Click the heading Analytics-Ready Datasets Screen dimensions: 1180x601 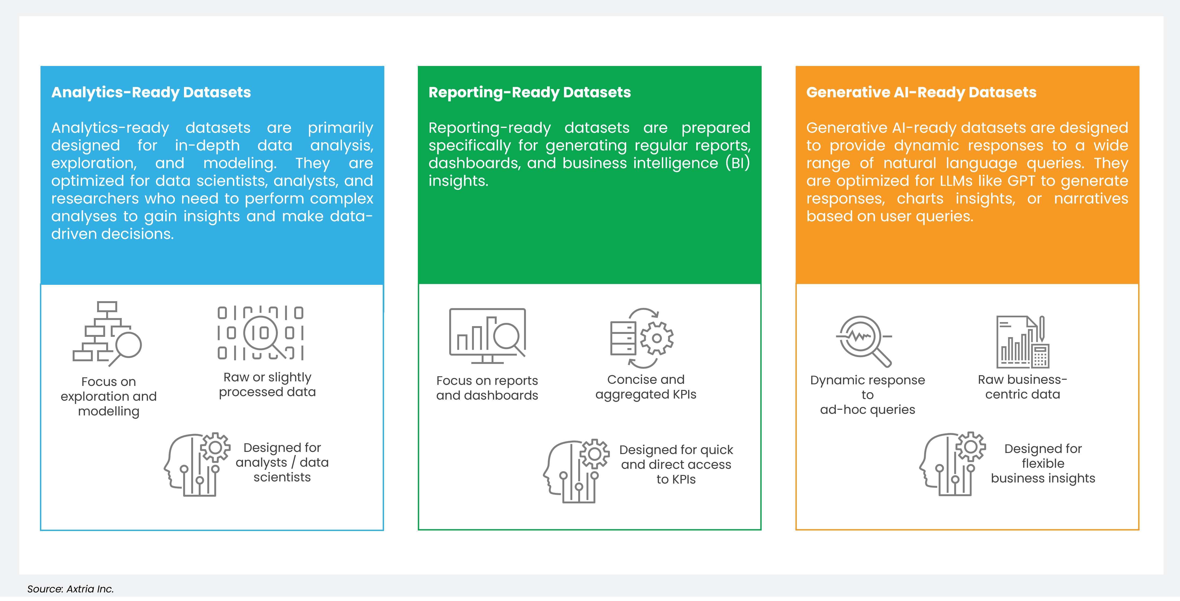151,93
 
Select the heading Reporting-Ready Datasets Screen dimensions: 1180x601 530,93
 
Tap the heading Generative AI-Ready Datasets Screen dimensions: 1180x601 921,93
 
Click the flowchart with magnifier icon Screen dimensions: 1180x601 107,333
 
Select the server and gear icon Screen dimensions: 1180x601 642,338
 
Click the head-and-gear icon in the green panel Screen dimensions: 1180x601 576,471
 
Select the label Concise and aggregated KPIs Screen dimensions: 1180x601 646,387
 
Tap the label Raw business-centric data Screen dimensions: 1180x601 1022,387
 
